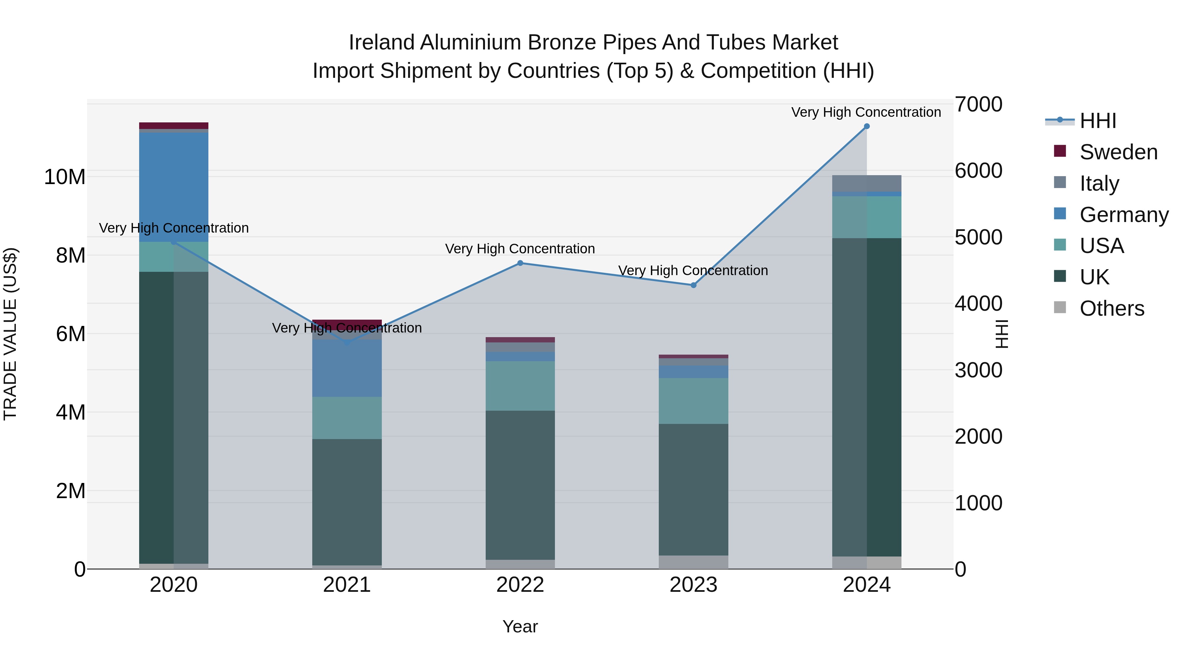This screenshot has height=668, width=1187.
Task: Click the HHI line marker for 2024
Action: point(866,126)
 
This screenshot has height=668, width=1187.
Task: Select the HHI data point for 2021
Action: point(347,342)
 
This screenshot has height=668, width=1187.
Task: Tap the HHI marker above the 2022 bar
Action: point(520,263)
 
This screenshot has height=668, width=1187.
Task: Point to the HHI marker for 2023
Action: point(693,285)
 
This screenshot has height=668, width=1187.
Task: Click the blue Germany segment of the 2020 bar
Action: point(174,187)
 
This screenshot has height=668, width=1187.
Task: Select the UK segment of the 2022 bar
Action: point(520,484)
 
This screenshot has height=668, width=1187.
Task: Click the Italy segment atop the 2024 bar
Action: point(866,183)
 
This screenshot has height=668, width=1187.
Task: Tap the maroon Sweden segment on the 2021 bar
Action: point(347,323)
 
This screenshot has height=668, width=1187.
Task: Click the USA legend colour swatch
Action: point(1060,245)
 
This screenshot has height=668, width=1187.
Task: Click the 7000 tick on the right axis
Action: point(978,104)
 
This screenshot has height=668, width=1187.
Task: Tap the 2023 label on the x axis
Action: point(693,585)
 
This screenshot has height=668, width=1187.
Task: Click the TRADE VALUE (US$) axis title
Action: point(10,334)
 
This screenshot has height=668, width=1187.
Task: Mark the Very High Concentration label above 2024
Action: point(866,112)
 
